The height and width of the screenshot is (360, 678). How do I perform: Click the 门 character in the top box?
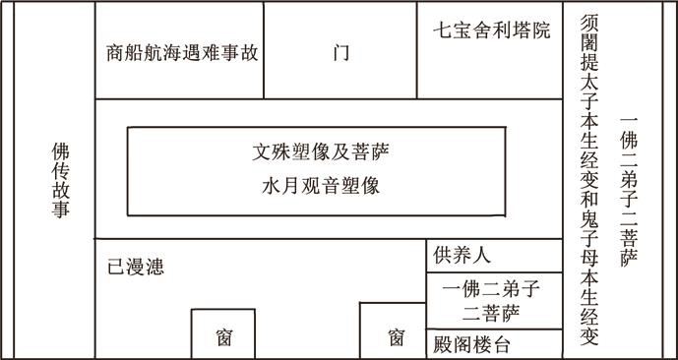(x=340, y=52)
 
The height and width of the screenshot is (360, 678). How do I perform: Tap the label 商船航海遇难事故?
(x=182, y=52)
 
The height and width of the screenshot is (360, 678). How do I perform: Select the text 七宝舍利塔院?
(x=491, y=30)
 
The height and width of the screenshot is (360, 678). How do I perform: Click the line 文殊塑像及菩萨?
(x=321, y=153)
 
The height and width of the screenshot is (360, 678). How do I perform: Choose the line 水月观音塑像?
(x=321, y=185)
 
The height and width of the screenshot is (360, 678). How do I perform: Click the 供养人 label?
(x=462, y=256)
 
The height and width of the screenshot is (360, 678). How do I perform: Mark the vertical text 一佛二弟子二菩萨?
(x=630, y=192)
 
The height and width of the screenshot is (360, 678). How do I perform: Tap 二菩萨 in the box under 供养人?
(x=493, y=313)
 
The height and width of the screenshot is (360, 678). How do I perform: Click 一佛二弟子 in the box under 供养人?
(x=493, y=289)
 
